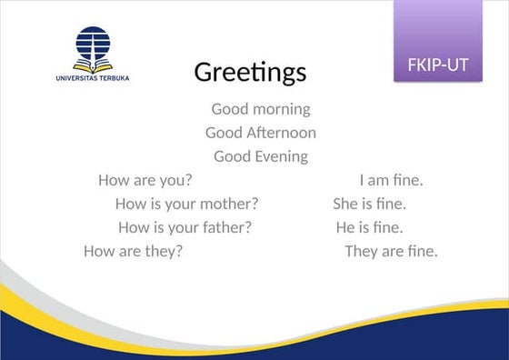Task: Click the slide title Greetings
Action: [x=250, y=72]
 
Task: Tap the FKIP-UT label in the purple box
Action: [x=438, y=65]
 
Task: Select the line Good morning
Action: [x=261, y=109]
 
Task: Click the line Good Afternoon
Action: [x=261, y=133]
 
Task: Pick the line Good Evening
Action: [x=261, y=156]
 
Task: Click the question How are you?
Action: [x=145, y=180]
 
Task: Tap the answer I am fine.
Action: [x=391, y=180]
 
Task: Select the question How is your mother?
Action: [x=186, y=204]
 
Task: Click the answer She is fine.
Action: [x=369, y=204]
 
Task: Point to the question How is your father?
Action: [x=185, y=227]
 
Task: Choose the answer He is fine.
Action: [x=369, y=227]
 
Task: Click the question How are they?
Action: [x=133, y=251]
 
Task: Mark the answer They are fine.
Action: [x=391, y=251]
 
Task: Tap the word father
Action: [x=226, y=227]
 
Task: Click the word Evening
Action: [x=281, y=156]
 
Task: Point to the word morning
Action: [x=282, y=109]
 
